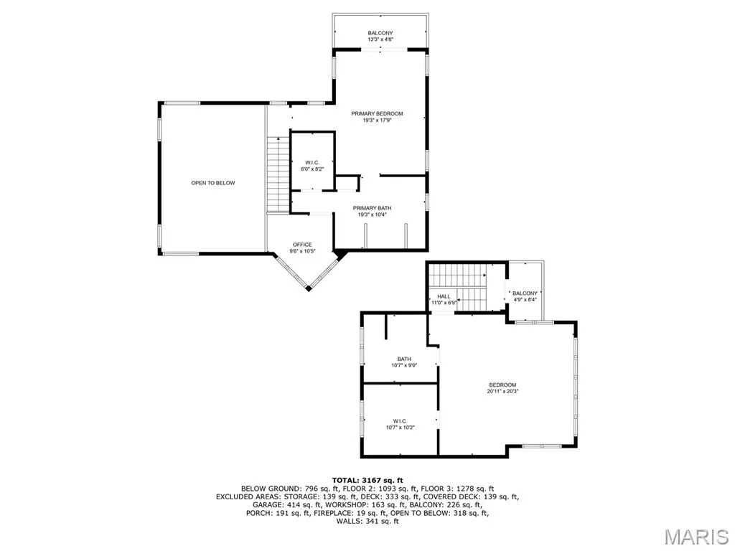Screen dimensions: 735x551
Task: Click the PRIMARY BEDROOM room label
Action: pyautogui.click(x=377, y=113)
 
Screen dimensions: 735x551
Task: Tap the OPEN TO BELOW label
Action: pyautogui.click(x=212, y=183)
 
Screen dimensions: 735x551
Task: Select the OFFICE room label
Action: pyautogui.click(x=302, y=245)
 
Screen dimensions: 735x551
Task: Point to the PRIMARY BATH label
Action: pyautogui.click(x=373, y=208)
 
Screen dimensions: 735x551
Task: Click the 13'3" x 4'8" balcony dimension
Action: pyautogui.click(x=380, y=40)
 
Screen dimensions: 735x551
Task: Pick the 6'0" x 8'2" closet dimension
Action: pyautogui.click(x=312, y=169)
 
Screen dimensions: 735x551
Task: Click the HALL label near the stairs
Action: pyautogui.click(x=444, y=296)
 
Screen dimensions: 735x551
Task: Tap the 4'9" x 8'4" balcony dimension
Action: pyautogui.click(x=525, y=300)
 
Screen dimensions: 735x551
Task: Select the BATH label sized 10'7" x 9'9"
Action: pyautogui.click(x=404, y=359)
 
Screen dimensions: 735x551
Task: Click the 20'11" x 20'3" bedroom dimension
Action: pyautogui.click(x=502, y=391)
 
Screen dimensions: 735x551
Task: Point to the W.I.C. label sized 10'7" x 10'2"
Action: pyautogui.click(x=401, y=420)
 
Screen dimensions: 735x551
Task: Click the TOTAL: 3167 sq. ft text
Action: pyautogui.click(x=367, y=480)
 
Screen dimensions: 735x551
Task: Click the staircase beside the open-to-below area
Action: pyautogui.click(x=278, y=174)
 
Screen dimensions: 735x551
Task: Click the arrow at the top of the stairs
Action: pyautogui.click(x=278, y=139)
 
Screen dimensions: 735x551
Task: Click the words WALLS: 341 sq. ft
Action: pyautogui.click(x=367, y=521)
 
